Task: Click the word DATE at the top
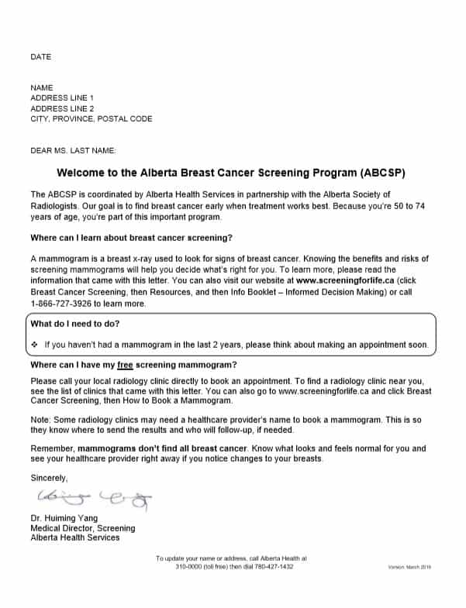(40, 57)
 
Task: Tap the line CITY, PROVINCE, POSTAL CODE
(91, 119)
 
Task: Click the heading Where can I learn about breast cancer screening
(131, 237)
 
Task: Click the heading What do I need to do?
(74, 323)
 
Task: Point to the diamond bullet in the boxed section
(35, 344)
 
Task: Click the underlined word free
(126, 364)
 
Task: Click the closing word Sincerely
(49, 478)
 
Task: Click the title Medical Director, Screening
(82, 528)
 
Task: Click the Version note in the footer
(409, 568)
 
